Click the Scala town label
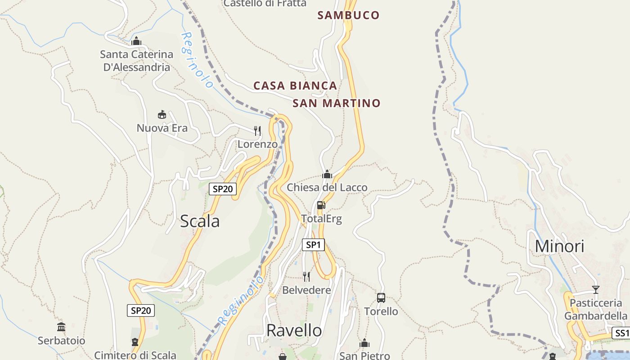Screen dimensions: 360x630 coord(200,221)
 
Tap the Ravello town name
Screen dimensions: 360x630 coord(294,330)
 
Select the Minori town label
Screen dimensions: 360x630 coord(559,246)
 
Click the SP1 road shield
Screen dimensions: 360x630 coord(313,245)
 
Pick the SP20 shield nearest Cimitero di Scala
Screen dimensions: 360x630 coord(141,310)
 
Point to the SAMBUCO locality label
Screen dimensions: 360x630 coord(348,15)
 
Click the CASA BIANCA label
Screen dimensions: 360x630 coord(295,85)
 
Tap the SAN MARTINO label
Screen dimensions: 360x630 coord(337,103)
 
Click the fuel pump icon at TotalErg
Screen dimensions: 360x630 coord(321,205)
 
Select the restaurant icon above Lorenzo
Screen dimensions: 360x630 coord(257,130)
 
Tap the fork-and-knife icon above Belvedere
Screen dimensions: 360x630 coord(306,276)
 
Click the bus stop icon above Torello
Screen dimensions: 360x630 coord(381,297)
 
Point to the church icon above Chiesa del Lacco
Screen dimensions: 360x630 coord(327,174)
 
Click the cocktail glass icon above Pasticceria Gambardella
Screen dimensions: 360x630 coord(596,289)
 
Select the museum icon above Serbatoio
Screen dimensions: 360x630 coord(61,327)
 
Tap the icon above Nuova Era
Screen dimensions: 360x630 coord(162,114)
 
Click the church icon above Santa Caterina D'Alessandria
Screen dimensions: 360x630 coord(136,41)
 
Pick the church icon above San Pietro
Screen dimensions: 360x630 coord(364,343)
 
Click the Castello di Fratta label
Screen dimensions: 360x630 coord(265,3)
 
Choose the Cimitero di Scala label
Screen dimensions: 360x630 coord(135,355)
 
